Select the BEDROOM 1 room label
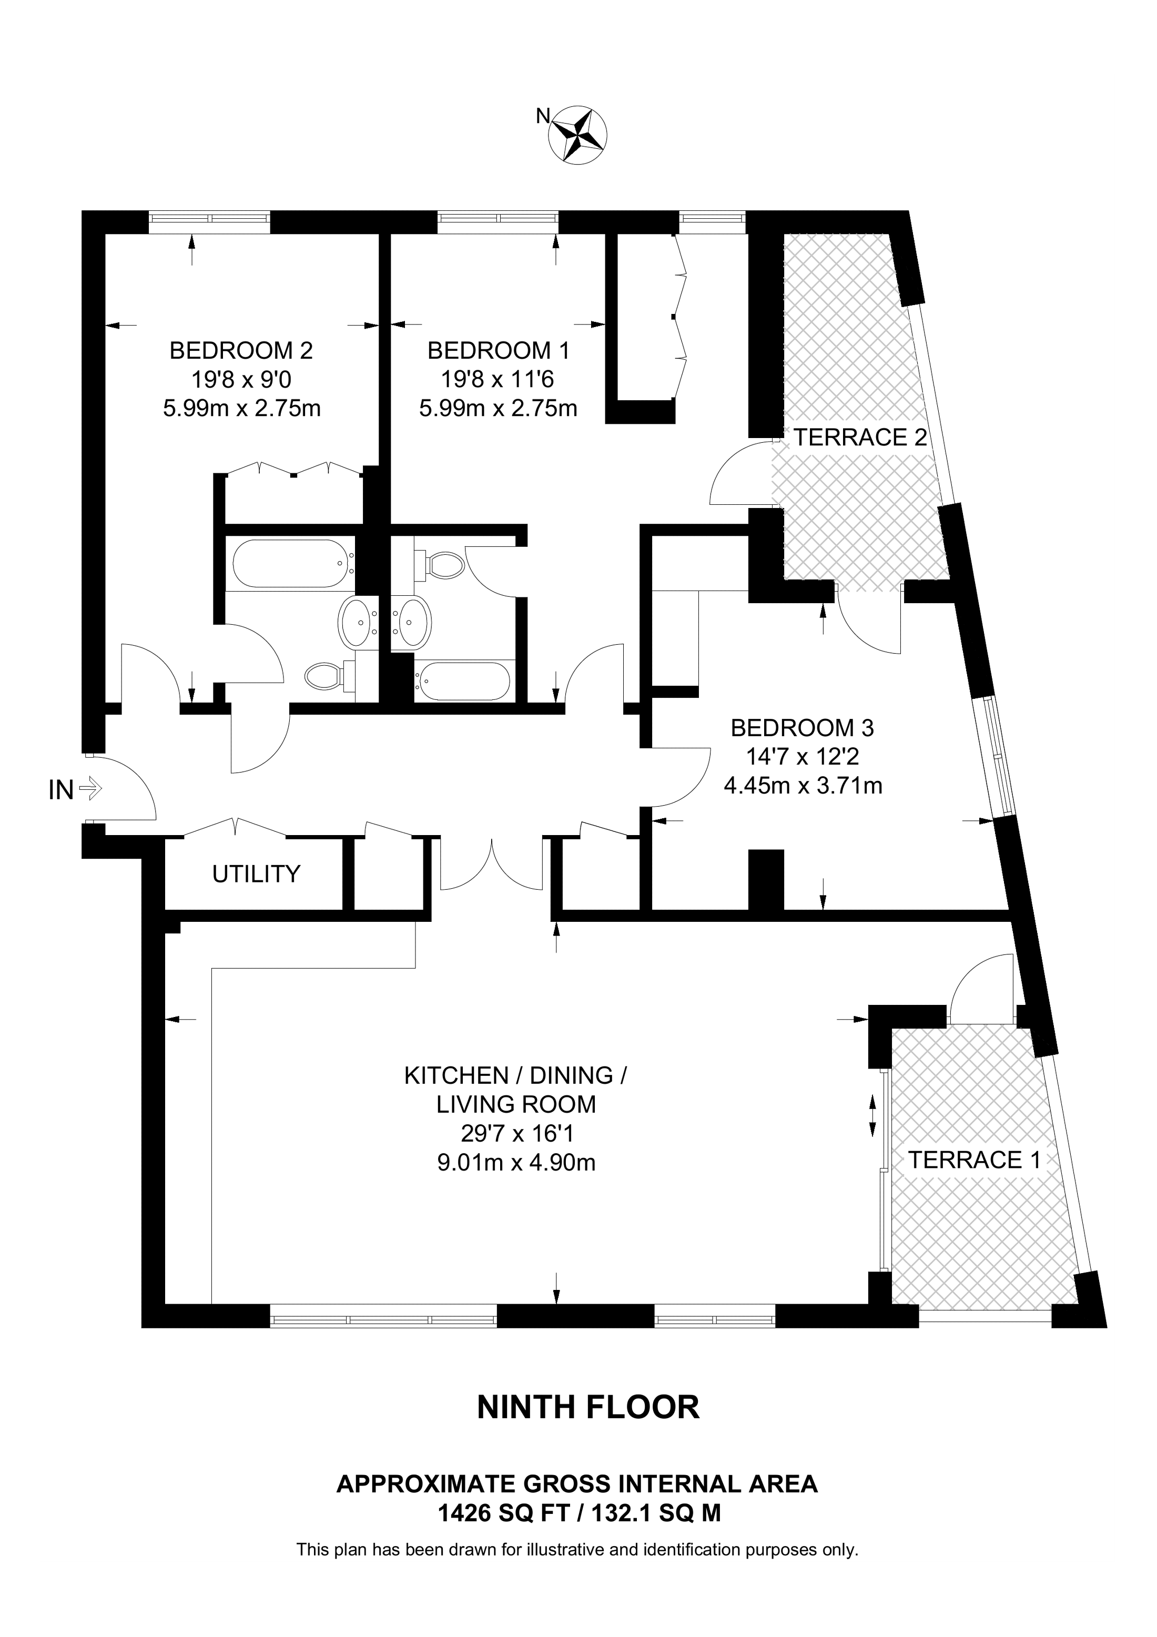coord(499,350)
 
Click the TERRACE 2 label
coord(860,437)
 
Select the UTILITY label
coord(256,873)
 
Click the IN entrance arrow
coord(90,789)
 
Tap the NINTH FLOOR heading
coord(588,1408)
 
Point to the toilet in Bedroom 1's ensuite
coord(442,565)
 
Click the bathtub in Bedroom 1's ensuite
coord(463,681)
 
